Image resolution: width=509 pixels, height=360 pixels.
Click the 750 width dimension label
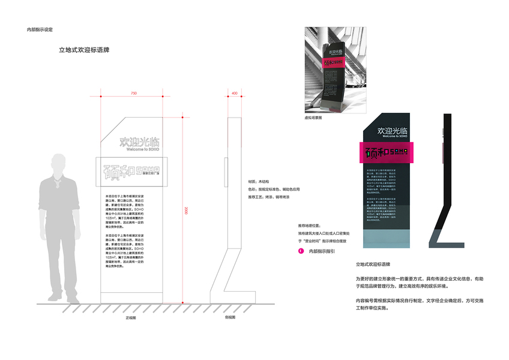[x=133, y=94]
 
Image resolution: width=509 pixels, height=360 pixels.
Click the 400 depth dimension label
[x=234, y=94]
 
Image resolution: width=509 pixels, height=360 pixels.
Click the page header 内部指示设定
[x=40, y=29]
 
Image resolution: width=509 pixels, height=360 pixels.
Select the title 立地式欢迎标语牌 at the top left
[x=83, y=50]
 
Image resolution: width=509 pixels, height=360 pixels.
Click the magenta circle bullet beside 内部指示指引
[x=301, y=251]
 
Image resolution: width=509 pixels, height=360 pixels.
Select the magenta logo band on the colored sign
[x=386, y=152]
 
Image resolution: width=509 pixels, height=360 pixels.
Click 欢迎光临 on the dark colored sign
[x=389, y=130]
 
